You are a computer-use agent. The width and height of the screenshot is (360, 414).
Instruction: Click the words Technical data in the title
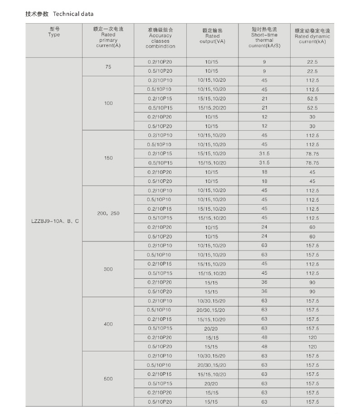(x=73, y=14)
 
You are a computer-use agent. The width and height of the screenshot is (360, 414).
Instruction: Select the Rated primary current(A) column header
(x=108, y=37)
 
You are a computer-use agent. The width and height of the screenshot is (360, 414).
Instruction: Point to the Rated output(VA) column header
(x=212, y=36)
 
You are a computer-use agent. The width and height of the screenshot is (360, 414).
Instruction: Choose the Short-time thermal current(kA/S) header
(x=264, y=37)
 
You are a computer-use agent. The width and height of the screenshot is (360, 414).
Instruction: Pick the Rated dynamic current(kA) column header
(x=312, y=36)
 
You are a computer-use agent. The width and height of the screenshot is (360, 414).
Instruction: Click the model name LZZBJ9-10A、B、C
(x=54, y=222)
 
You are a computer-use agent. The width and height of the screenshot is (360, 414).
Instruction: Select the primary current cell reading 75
(x=108, y=67)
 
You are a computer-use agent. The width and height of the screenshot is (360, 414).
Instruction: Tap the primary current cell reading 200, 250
(x=108, y=213)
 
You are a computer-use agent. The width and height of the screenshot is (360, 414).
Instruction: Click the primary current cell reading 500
(x=108, y=379)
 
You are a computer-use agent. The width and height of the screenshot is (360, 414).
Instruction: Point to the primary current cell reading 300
(x=108, y=269)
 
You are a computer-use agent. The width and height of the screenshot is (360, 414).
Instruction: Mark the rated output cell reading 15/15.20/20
(x=212, y=108)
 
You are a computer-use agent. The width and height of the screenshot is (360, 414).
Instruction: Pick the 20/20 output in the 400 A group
(x=212, y=328)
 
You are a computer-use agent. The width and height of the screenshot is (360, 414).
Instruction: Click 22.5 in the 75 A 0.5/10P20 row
(x=312, y=71)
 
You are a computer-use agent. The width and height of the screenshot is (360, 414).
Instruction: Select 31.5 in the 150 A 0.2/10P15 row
(x=264, y=153)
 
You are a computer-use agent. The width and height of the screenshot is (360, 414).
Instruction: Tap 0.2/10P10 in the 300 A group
(x=160, y=246)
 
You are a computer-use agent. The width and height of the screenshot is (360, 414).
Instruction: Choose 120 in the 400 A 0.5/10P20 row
(x=312, y=346)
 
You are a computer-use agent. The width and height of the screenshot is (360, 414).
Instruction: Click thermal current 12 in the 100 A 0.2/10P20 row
(x=264, y=117)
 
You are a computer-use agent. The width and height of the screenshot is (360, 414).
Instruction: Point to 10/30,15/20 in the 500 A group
(x=212, y=356)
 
